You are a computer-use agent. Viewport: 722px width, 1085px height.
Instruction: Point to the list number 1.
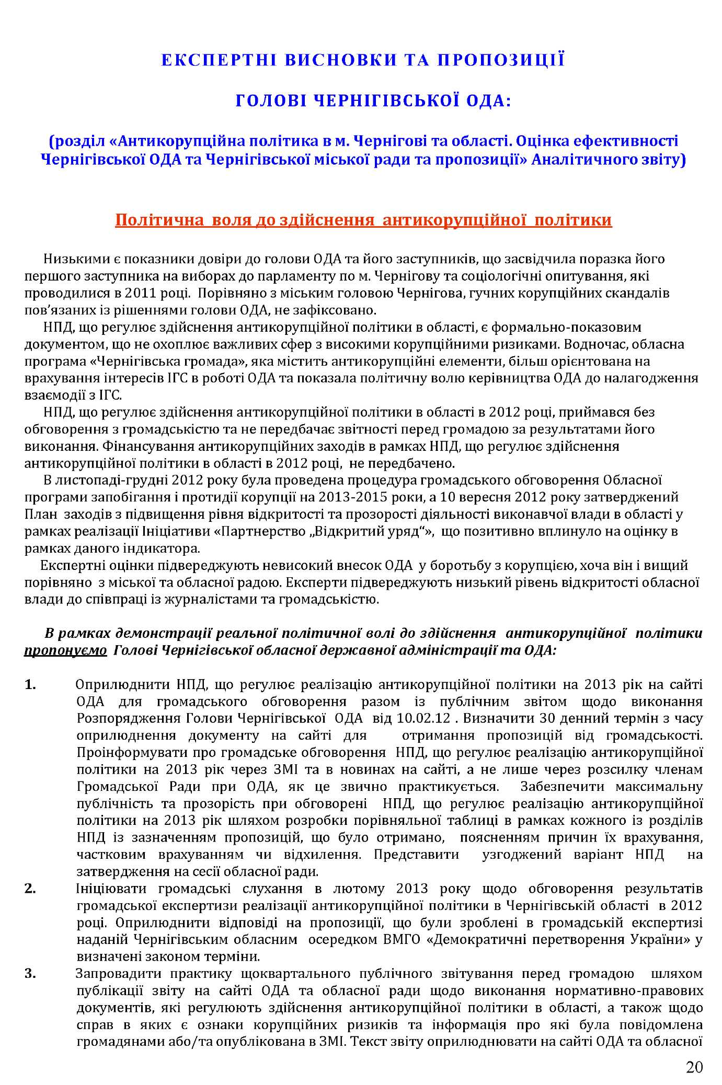(x=30, y=684)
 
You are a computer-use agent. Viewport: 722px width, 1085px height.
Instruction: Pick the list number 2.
(x=30, y=889)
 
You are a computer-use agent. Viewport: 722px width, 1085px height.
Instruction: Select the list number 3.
(x=30, y=974)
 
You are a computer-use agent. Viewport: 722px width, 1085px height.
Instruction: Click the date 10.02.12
(x=423, y=718)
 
